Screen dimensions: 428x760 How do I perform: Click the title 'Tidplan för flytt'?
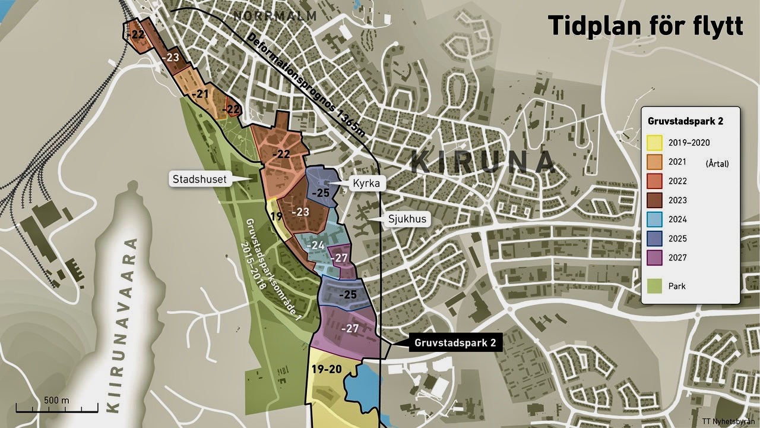click(645, 26)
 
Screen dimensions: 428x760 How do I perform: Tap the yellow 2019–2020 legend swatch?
click(654, 143)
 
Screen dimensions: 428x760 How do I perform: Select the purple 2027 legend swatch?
click(654, 257)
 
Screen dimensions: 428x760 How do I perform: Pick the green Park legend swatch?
click(654, 286)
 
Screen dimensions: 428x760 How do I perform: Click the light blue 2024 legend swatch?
click(654, 219)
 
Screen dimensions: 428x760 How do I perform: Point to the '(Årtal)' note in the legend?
click(717, 163)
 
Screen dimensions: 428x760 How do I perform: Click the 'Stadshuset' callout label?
click(199, 178)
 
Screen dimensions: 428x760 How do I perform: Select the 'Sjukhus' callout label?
click(407, 219)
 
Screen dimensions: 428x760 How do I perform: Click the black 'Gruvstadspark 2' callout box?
click(455, 343)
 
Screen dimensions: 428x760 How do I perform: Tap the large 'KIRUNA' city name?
click(482, 162)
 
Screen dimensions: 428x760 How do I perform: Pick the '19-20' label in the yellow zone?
click(326, 369)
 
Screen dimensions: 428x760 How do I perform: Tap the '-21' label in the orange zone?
click(200, 94)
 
